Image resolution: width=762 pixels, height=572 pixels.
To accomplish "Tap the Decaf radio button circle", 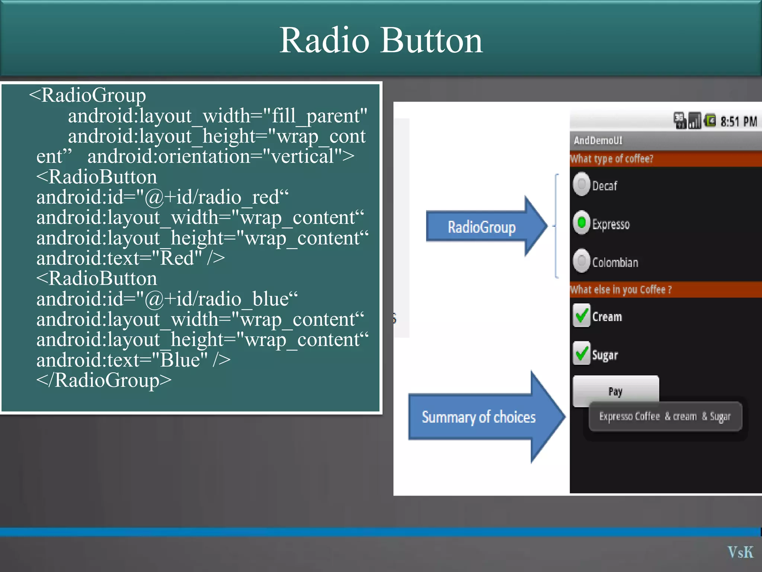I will (582, 184).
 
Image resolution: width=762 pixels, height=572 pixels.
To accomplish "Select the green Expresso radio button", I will (582, 223).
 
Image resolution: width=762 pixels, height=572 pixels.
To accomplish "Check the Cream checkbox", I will (582, 316).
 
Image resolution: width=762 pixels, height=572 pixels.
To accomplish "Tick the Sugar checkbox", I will (582, 353).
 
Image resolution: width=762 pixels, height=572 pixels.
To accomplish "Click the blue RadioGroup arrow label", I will (481, 227).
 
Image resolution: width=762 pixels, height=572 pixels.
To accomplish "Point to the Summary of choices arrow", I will (479, 417).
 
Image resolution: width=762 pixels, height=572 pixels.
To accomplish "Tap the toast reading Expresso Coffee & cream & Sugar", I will (665, 416).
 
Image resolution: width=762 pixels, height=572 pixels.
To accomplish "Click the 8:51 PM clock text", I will (738, 121).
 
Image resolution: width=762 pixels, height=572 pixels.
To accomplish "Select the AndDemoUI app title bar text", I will (598, 140).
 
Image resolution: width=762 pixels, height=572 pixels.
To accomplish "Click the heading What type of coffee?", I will (612, 159).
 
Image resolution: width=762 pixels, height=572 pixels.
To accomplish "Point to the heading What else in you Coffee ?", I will (621, 290).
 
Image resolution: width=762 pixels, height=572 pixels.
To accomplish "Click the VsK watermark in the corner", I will (740, 552).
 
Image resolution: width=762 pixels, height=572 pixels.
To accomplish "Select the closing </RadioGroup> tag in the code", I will (104, 380).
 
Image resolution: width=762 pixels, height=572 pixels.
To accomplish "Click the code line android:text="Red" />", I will (130, 258).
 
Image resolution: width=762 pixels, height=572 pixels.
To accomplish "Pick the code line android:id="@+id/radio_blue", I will (167, 299).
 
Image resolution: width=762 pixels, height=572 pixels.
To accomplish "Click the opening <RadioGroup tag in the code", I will (87, 95).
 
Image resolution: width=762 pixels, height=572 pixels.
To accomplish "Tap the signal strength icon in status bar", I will (694, 121).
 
